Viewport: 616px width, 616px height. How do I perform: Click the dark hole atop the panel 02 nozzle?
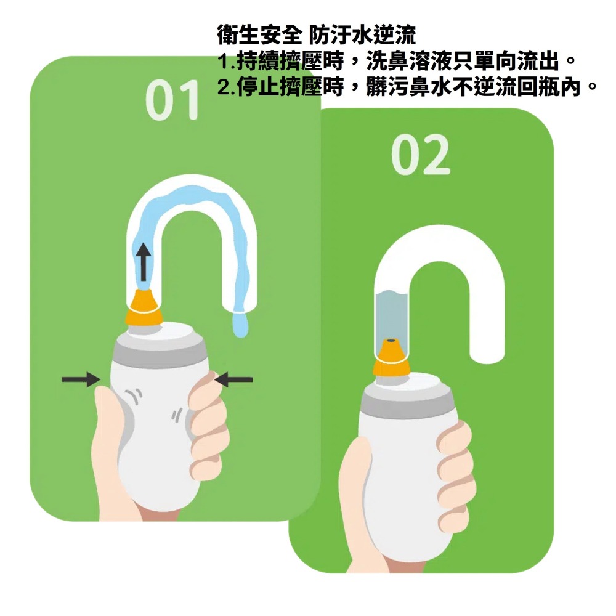click(x=391, y=340)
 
